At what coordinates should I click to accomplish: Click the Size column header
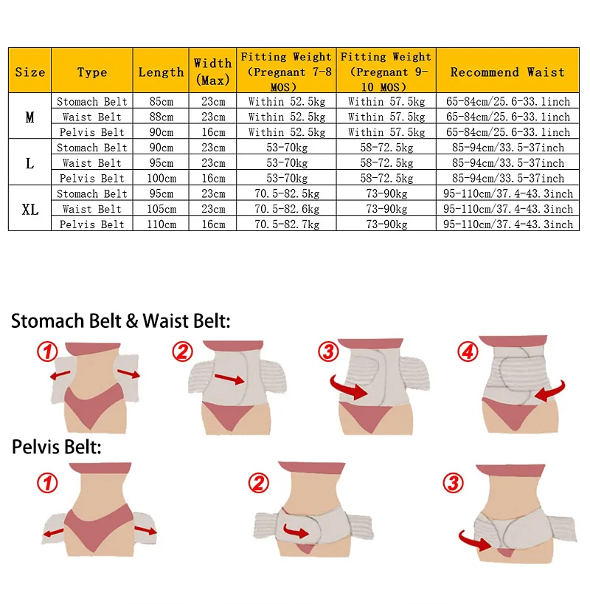click(x=29, y=72)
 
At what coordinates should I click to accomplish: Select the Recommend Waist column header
click(x=507, y=72)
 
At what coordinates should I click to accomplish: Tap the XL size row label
click(x=29, y=209)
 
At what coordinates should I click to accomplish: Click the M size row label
click(x=29, y=117)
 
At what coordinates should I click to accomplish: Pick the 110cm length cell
click(x=161, y=224)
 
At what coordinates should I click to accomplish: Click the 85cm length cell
click(x=161, y=101)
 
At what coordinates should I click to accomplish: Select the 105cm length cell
click(x=161, y=209)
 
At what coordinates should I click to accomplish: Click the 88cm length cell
click(x=161, y=117)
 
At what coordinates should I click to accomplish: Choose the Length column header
click(x=161, y=72)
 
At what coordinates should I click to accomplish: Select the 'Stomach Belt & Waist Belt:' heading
click(x=121, y=321)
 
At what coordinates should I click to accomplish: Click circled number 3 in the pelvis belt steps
click(x=452, y=484)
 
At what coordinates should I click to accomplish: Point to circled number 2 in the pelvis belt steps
click(x=258, y=484)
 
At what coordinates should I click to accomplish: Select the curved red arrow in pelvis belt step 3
click(x=473, y=541)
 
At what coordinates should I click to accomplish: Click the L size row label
click(x=29, y=163)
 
